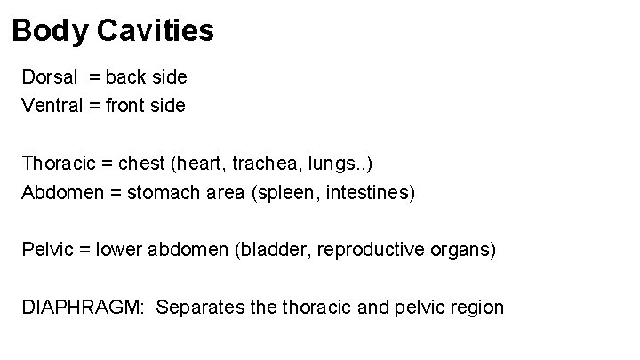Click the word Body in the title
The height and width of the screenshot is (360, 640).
tap(48, 32)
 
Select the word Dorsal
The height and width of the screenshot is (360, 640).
tap(50, 77)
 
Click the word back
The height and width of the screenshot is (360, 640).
tap(132, 77)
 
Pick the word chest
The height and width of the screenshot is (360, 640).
tap(142, 164)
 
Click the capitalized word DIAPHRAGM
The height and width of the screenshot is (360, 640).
tap(77, 308)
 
